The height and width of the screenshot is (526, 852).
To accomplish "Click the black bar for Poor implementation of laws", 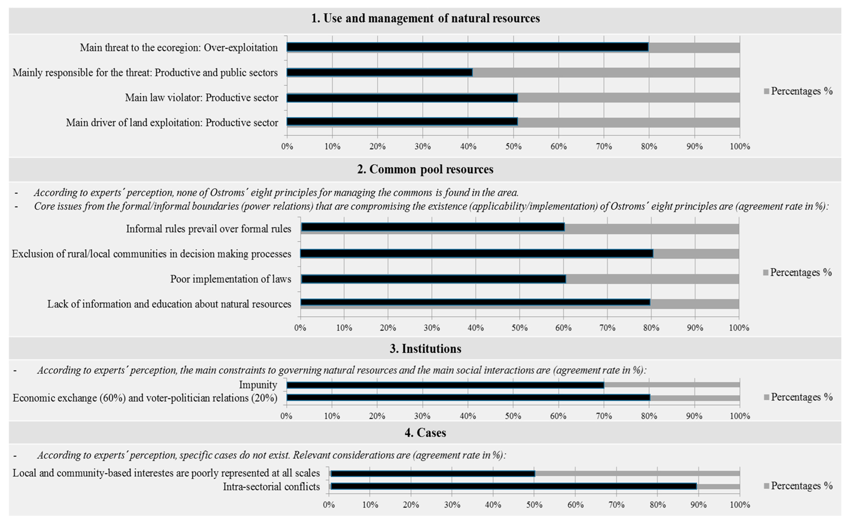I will [433, 279].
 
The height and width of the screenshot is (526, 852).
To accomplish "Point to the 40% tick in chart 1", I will [468, 146].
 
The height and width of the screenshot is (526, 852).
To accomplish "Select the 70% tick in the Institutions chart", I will [604, 416].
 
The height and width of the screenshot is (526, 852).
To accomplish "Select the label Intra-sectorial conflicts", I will [271, 486].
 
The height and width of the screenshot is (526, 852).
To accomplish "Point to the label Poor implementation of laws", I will [231, 279].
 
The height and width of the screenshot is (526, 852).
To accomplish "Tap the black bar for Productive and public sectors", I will [379, 72].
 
